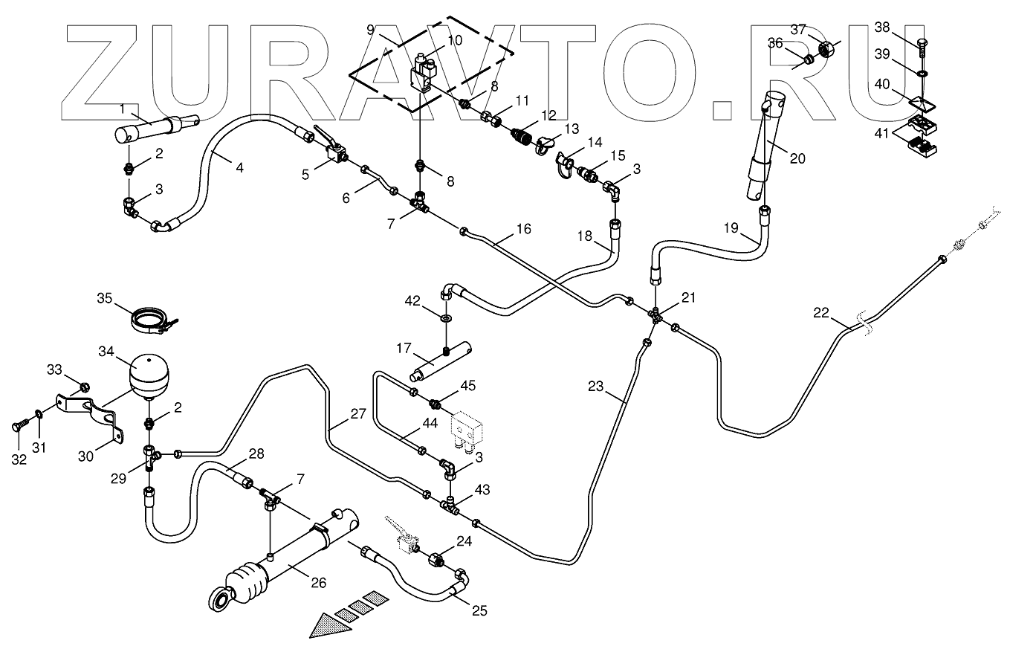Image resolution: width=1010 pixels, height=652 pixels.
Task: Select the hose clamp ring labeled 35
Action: (152, 319)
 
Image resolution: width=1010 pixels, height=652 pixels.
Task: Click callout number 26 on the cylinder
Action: (318, 584)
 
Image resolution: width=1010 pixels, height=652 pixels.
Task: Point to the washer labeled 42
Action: (447, 318)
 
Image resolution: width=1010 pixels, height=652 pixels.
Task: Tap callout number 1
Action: (121, 109)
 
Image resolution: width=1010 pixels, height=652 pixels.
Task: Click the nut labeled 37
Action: (826, 51)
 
